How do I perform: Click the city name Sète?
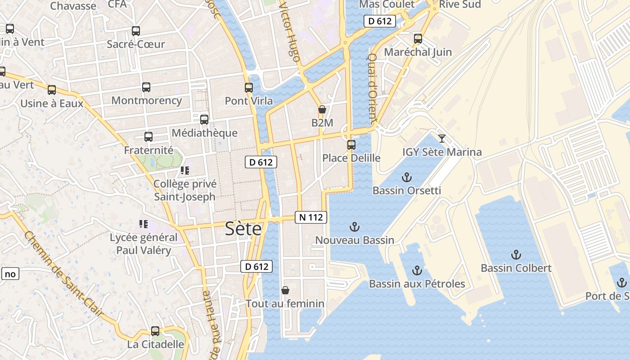243,229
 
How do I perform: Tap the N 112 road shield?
311,217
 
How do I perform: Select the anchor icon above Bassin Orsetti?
407,177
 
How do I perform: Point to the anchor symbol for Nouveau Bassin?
355,227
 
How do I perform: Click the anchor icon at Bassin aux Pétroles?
417,270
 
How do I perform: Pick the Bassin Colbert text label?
516,268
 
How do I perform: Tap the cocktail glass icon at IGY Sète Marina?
442,139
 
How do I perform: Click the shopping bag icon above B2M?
322,109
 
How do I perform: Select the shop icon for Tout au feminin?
285,290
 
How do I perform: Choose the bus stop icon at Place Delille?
351,145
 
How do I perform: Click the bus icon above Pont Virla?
249,88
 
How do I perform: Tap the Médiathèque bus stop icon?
204,120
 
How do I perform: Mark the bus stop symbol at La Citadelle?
155,331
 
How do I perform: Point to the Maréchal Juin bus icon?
418,39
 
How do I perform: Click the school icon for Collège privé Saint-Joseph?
184,171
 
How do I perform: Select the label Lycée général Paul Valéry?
144,244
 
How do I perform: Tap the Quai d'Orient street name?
372,89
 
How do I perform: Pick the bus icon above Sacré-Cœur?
136,31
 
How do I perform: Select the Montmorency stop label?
147,100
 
